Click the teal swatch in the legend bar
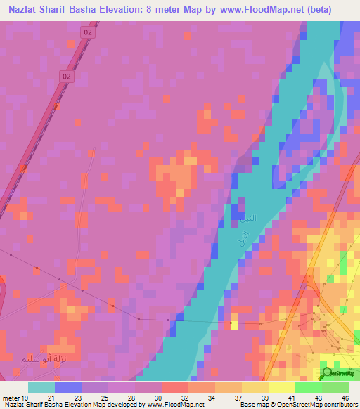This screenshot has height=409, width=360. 41,388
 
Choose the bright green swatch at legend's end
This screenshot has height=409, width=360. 335,388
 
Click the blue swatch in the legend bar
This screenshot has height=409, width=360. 67,388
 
